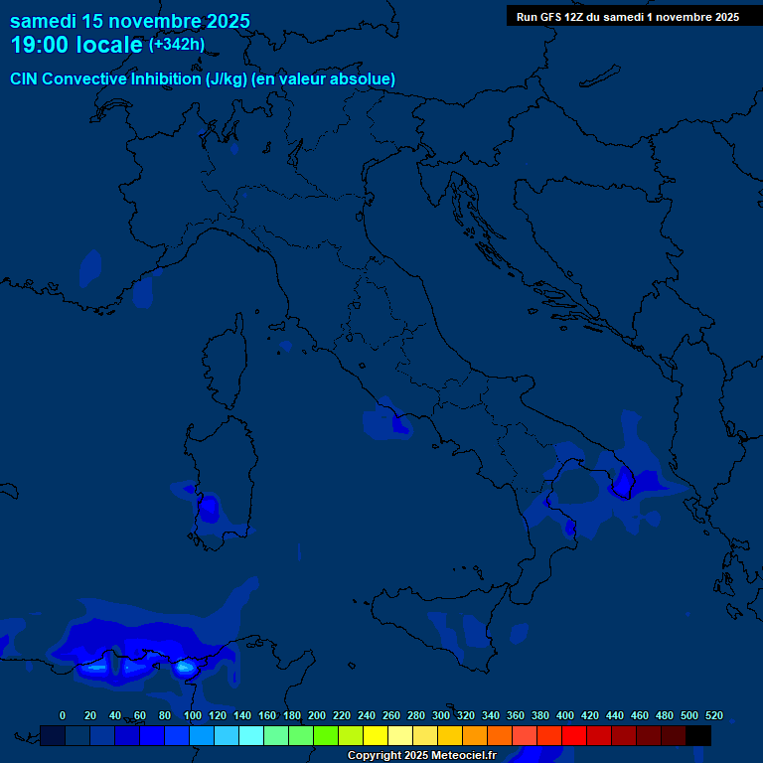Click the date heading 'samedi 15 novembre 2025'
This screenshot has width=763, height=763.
click(x=130, y=21)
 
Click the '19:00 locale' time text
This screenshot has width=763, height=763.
click(x=76, y=45)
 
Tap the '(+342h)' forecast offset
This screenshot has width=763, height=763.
click(x=177, y=44)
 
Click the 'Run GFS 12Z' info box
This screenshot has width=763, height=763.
click(x=627, y=17)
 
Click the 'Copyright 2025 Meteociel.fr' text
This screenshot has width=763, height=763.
click(x=421, y=756)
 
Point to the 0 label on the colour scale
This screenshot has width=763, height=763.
click(x=63, y=715)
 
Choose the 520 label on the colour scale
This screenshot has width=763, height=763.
click(x=713, y=715)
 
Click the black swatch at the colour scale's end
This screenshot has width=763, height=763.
click(x=698, y=735)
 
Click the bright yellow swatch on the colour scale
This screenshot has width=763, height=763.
click(x=376, y=735)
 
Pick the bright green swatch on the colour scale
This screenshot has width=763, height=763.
click(x=326, y=735)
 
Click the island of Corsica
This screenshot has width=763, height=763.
click(x=225, y=363)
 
